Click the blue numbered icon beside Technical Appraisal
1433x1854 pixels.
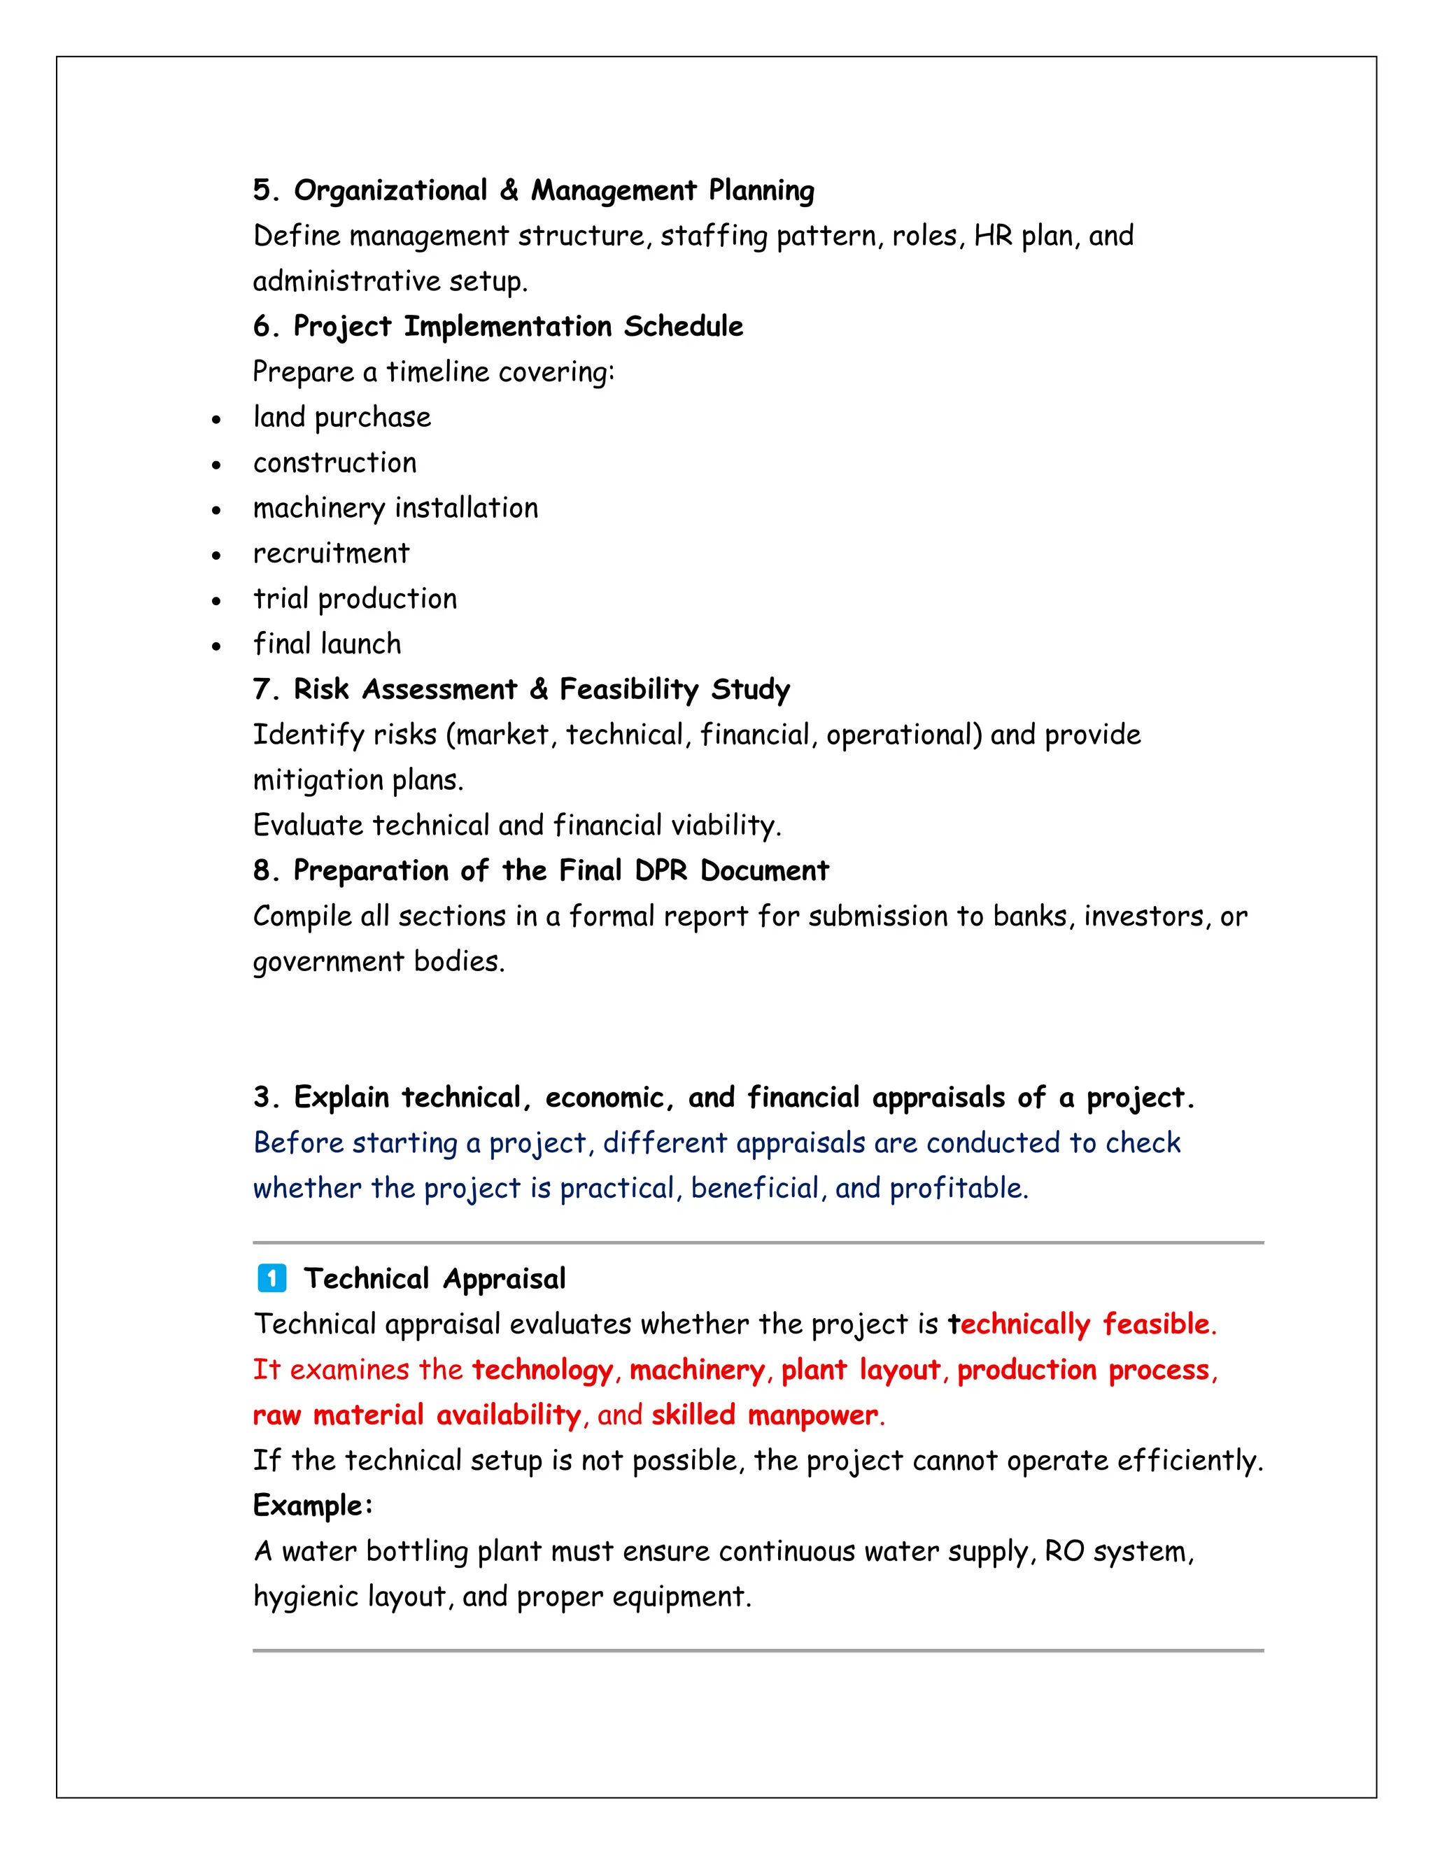tap(271, 1278)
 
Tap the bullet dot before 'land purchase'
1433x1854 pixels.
tap(216, 419)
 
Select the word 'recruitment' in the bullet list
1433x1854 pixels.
tap(331, 553)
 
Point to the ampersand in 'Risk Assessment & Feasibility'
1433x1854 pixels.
tap(538, 689)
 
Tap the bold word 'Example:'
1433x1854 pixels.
tap(312, 1506)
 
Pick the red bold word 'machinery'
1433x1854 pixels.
tap(697, 1370)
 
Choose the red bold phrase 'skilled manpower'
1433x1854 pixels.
tap(764, 1415)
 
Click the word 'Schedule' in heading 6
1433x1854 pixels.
tap(684, 327)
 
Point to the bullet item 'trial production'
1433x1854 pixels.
tap(355, 600)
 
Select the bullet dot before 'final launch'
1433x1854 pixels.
tap(216, 646)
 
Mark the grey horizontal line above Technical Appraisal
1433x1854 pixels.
tap(757, 1243)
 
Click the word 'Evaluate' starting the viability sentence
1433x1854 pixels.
tap(307, 825)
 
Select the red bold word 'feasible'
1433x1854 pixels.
tap(1155, 1324)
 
